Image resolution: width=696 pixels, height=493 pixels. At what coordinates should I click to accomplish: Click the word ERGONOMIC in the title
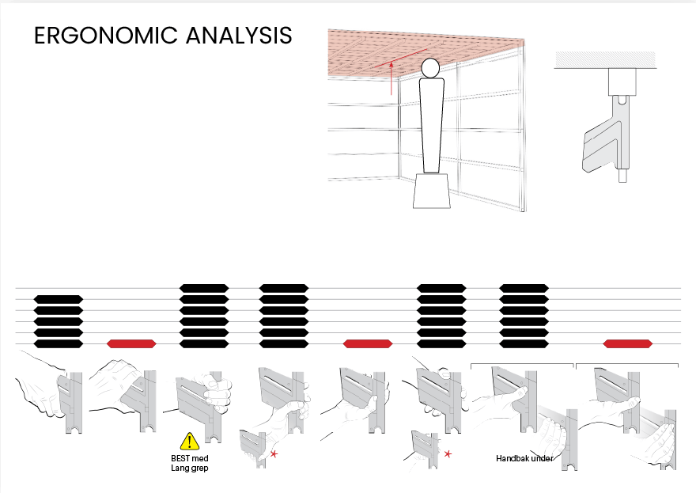point(105,36)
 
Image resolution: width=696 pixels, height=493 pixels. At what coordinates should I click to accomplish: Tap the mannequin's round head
point(430,68)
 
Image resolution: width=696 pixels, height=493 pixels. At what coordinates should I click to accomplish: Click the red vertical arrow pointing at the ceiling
point(391,79)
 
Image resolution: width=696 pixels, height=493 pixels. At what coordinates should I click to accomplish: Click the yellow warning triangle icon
point(189,442)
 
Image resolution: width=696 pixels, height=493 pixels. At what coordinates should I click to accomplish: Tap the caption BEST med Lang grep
point(189,463)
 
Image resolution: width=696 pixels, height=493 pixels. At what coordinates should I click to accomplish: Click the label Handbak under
point(524,459)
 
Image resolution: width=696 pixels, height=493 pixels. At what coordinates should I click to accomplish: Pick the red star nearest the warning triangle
point(274,454)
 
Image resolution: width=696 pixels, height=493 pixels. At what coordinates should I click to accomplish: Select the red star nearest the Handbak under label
point(448,454)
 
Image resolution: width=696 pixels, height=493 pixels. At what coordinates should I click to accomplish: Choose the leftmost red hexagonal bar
point(131,343)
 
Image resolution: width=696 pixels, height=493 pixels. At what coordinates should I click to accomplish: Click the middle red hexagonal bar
point(368,343)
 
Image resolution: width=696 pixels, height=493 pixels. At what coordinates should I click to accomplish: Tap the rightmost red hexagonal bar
point(628,343)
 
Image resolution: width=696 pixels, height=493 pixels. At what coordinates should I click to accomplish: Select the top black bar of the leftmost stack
point(59,299)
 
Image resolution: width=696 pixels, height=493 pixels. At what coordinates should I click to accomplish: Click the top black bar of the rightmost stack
point(524,288)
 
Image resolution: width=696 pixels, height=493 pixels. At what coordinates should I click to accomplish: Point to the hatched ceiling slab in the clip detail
point(606,59)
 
